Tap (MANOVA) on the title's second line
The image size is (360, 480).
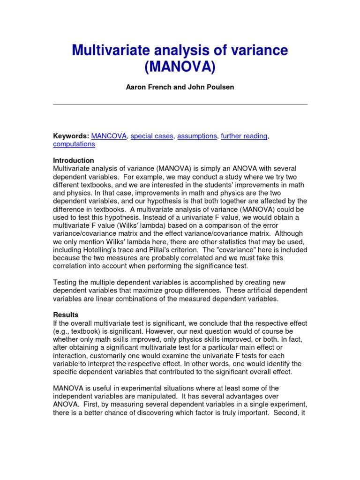tap(180, 67)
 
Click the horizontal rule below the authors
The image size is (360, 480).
tap(180, 104)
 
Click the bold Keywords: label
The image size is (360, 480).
tap(71, 136)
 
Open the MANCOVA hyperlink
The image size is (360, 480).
tap(109, 136)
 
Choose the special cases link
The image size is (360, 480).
tap(152, 136)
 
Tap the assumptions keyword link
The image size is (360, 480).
tap(197, 136)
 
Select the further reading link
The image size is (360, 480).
tap(244, 136)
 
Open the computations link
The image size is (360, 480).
tap(74, 144)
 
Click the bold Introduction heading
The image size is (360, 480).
tap(73, 160)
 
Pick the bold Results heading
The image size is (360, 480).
tap(66, 315)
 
